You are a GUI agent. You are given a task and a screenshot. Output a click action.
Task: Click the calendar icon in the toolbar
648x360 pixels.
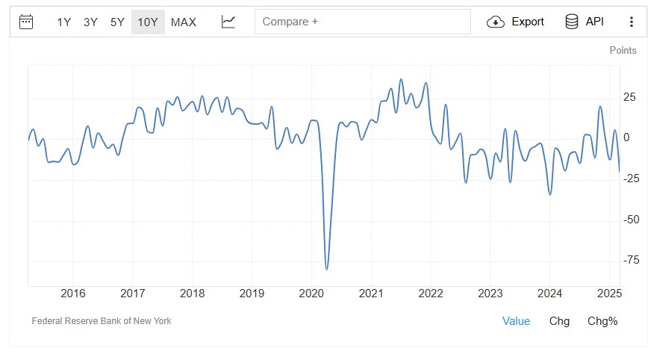tap(26, 22)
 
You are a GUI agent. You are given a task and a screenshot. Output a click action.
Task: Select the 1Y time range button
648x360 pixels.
tap(64, 22)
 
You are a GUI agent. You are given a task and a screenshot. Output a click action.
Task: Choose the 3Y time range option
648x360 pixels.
tap(90, 22)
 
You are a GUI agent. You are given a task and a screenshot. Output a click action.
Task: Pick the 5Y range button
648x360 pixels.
tap(117, 22)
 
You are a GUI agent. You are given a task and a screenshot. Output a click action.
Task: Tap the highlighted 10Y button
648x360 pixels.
tap(148, 22)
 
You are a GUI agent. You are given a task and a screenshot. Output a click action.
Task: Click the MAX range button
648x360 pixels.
tap(184, 22)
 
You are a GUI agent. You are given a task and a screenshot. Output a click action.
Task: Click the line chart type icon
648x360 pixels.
tap(228, 22)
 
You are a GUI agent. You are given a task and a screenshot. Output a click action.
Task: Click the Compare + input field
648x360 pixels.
tap(363, 22)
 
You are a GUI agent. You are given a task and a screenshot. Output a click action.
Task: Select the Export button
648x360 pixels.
tap(516, 22)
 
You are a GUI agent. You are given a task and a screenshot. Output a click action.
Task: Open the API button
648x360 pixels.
tap(585, 22)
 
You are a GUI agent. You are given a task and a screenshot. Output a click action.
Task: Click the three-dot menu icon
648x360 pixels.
tap(632, 22)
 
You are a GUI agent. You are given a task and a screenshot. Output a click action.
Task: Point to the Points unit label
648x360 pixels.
tap(623, 50)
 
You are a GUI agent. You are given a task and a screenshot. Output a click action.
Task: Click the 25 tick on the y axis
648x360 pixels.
tap(629, 97)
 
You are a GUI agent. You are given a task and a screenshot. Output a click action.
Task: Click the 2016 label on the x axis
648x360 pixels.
tap(73, 293)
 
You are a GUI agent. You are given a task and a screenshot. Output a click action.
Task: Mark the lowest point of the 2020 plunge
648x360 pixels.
tap(327, 269)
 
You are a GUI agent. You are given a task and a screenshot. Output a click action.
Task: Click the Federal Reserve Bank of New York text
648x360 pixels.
tap(102, 321)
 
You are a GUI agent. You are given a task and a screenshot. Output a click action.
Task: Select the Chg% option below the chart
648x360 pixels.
tap(602, 321)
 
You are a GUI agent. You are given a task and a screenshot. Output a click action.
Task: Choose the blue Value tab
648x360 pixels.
tap(516, 321)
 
